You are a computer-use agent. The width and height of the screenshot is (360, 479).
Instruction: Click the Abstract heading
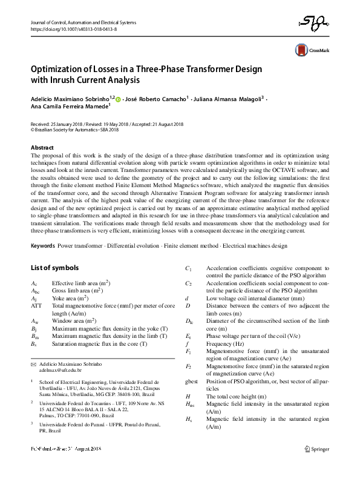point(42,148)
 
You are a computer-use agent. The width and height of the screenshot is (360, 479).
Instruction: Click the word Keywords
point(42,246)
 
